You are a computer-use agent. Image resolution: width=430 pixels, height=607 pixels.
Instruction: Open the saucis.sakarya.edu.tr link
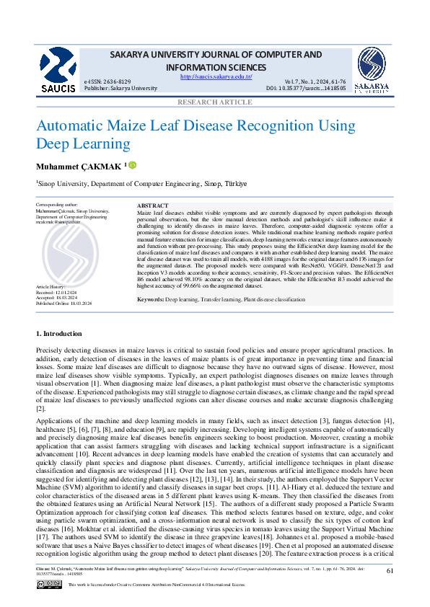216,76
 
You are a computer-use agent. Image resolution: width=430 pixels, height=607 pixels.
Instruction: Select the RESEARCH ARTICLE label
215,102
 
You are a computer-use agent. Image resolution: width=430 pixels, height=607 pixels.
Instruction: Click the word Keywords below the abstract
151,298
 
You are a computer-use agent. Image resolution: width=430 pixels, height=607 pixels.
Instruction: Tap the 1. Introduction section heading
63,334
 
